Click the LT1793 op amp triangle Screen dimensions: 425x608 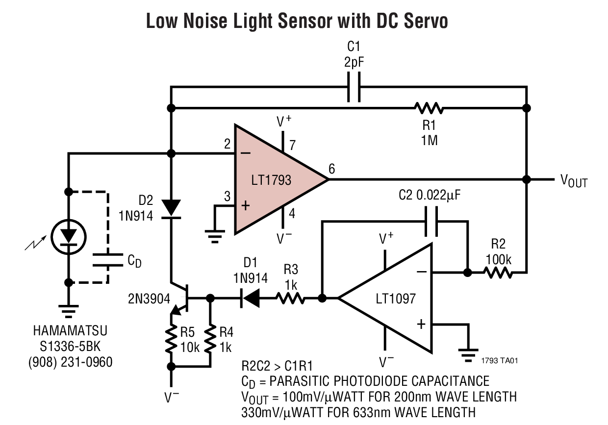point(272,179)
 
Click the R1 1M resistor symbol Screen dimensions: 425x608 point(429,107)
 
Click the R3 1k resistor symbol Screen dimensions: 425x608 point(291,298)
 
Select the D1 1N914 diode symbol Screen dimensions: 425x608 point(250,298)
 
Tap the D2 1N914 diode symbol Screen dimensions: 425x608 point(171,208)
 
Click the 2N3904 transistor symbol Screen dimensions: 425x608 point(181,297)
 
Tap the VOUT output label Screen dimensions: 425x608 point(574,181)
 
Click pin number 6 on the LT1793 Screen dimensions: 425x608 point(332,169)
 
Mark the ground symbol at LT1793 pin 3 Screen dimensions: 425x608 point(214,237)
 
